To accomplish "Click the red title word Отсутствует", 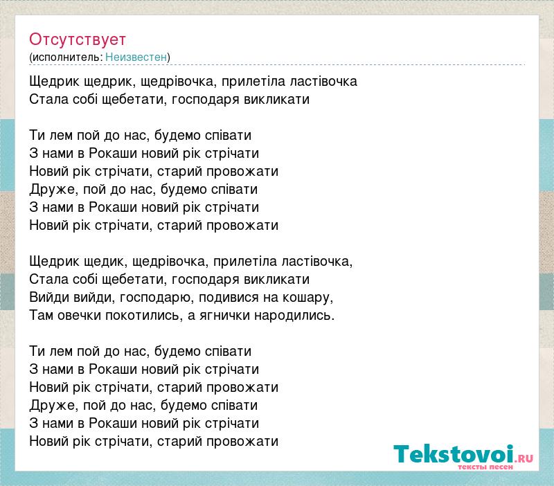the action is click(x=78, y=39).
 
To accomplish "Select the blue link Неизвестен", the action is click(x=136, y=57).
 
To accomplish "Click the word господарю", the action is click(x=157, y=298).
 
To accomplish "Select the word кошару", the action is click(x=307, y=298).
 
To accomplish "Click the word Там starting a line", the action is click(x=41, y=315).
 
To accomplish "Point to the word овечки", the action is click(x=79, y=316).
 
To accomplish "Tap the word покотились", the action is click(x=144, y=316).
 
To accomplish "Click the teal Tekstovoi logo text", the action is click(x=453, y=454).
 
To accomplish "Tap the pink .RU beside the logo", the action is click(x=524, y=458).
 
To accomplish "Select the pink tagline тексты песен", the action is click(x=485, y=467).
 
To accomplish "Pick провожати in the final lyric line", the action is click(x=242, y=442).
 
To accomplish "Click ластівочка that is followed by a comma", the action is click(x=317, y=262).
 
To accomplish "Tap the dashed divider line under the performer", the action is click(x=277, y=65).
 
